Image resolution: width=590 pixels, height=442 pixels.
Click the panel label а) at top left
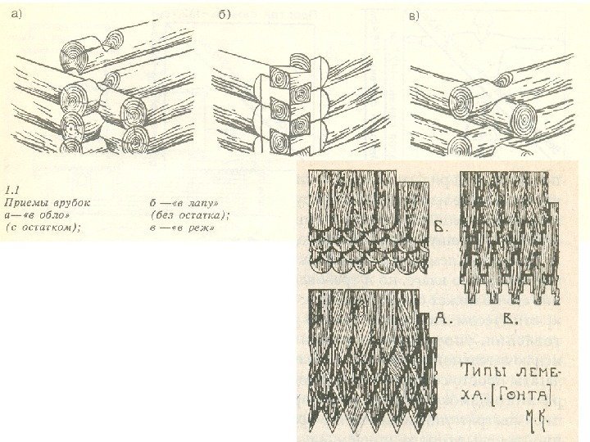[x=17, y=14]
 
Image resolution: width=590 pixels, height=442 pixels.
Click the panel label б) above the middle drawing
[x=225, y=14]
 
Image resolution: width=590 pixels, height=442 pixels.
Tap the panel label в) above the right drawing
[x=414, y=16]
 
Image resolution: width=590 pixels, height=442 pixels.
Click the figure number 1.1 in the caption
[x=13, y=190]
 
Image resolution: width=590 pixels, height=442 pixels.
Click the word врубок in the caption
[x=72, y=203]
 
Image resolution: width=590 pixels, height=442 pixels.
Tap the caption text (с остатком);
[x=43, y=228]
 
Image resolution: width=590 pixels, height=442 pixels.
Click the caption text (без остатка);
[x=189, y=215]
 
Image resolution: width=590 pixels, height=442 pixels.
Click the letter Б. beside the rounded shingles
[x=442, y=228]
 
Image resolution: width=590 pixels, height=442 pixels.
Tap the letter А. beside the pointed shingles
[x=442, y=318]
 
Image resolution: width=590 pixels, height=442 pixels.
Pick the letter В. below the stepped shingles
[x=511, y=318]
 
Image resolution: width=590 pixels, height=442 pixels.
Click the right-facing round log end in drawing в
[x=524, y=119]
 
